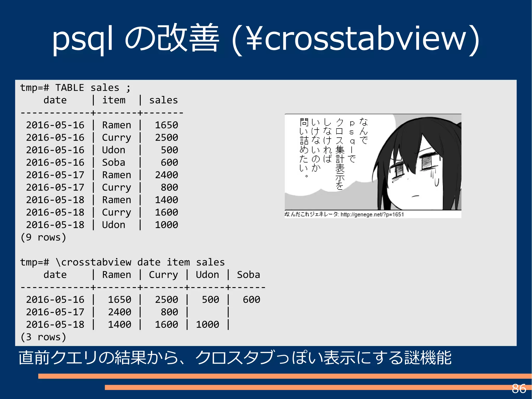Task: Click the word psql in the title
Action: [x=82, y=39]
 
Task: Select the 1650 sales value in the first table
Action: [x=166, y=125]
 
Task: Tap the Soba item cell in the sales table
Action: [x=114, y=162]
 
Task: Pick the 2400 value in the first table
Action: [x=166, y=175]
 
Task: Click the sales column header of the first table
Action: [x=163, y=100]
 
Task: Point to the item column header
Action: [x=114, y=100]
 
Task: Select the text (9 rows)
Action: [x=43, y=237]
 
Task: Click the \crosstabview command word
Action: [x=94, y=262]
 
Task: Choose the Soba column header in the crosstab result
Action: [x=248, y=275]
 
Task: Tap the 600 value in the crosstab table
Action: [x=251, y=300]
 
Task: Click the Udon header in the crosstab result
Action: [x=207, y=275]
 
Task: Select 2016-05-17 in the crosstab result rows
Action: [x=55, y=312]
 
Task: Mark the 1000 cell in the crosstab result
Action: [x=207, y=324]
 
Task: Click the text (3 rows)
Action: [x=43, y=337]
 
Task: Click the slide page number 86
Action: [x=519, y=389]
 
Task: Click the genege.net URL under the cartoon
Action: [x=372, y=214]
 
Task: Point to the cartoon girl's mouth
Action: [x=415, y=196]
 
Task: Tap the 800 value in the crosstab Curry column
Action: [x=169, y=312]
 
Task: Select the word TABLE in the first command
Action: [x=70, y=88]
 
